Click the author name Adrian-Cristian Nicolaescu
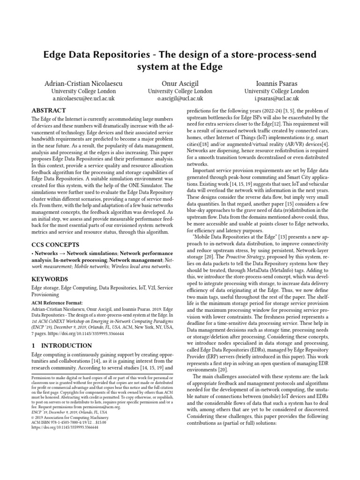[83, 83]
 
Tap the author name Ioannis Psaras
[277, 83]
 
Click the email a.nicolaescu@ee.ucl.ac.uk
[83, 99]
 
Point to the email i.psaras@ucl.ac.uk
[277, 99]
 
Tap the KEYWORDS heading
[50, 279]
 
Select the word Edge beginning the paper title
[54, 54]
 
